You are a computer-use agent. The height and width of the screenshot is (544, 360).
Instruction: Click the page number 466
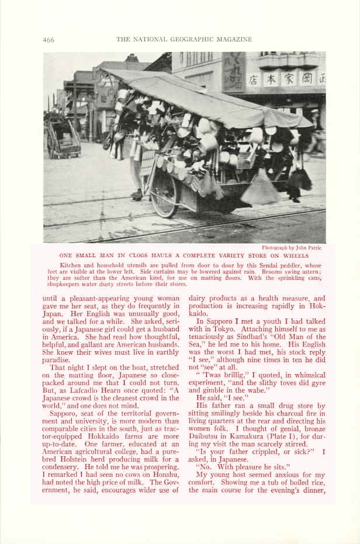(48, 40)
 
